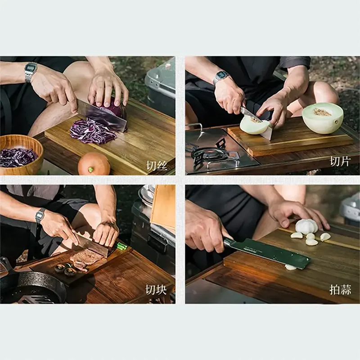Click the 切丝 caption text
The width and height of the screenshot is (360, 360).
(x=157, y=166)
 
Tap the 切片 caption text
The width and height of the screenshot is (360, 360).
(x=340, y=161)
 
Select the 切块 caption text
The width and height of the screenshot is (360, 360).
(x=156, y=289)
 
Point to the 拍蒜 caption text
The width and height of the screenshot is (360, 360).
(x=340, y=290)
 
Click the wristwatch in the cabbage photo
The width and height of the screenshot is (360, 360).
(x=31, y=72)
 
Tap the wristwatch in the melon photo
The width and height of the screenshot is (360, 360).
(x=221, y=77)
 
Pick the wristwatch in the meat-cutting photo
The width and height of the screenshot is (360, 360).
(x=40, y=216)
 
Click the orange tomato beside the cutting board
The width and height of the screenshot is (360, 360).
(x=94, y=164)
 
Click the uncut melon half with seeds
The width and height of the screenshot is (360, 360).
(x=323, y=118)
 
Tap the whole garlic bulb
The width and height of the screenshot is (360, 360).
(x=306, y=226)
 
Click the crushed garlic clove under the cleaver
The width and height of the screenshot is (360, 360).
(x=290, y=267)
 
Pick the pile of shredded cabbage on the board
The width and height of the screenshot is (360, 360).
(x=93, y=132)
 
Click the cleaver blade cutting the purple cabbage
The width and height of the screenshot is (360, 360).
(x=102, y=115)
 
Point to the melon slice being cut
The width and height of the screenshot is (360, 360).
(x=255, y=125)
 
